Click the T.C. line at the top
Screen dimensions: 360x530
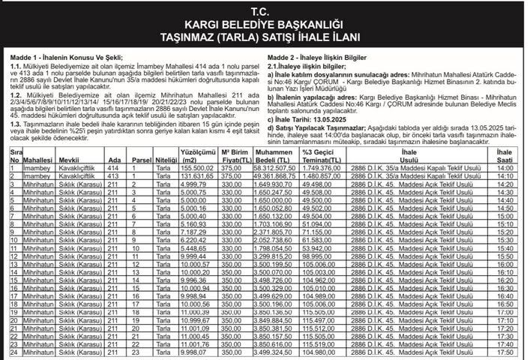(264, 12)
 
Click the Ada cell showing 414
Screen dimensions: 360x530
(113, 169)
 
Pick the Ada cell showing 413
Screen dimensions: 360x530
(113, 176)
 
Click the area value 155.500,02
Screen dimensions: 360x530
(198, 169)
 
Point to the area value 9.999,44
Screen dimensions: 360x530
(199, 256)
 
